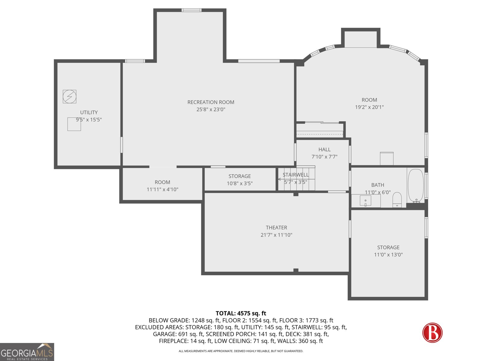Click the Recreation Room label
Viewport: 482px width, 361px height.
coord(211,102)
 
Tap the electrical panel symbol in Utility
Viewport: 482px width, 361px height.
coord(70,97)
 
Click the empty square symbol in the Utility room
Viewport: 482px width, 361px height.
coord(74,124)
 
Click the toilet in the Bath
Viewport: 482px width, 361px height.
coord(397,200)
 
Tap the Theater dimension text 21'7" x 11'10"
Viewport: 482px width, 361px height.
coord(276,235)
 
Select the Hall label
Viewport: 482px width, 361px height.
coord(324,150)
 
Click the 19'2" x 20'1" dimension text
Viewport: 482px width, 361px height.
coord(369,107)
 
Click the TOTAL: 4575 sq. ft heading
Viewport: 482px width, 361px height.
coord(241,313)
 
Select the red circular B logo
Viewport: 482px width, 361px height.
coord(432,333)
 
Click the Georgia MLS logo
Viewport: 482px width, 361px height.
coord(27,352)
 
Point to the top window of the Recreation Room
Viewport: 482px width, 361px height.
coord(191,10)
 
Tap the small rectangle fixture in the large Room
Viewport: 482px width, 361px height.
coord(387,158)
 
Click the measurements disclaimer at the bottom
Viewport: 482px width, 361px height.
coord(241,351)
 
